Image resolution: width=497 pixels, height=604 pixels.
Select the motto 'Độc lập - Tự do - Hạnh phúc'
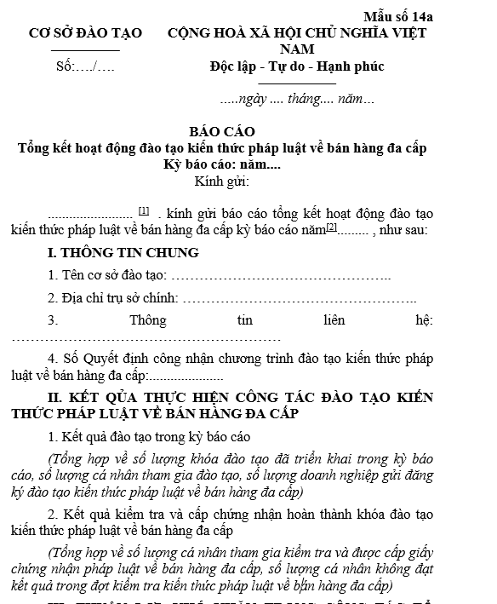[296, 66]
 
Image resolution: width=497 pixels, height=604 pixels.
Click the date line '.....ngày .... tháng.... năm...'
[296, 100]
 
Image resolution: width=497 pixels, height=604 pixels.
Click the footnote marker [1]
[144, 210]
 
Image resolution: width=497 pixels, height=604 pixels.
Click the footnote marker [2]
[332, 227]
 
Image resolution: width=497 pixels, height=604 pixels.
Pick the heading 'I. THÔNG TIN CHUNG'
[123, 253]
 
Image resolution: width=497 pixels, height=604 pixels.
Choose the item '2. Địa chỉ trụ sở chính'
[113, 298]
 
